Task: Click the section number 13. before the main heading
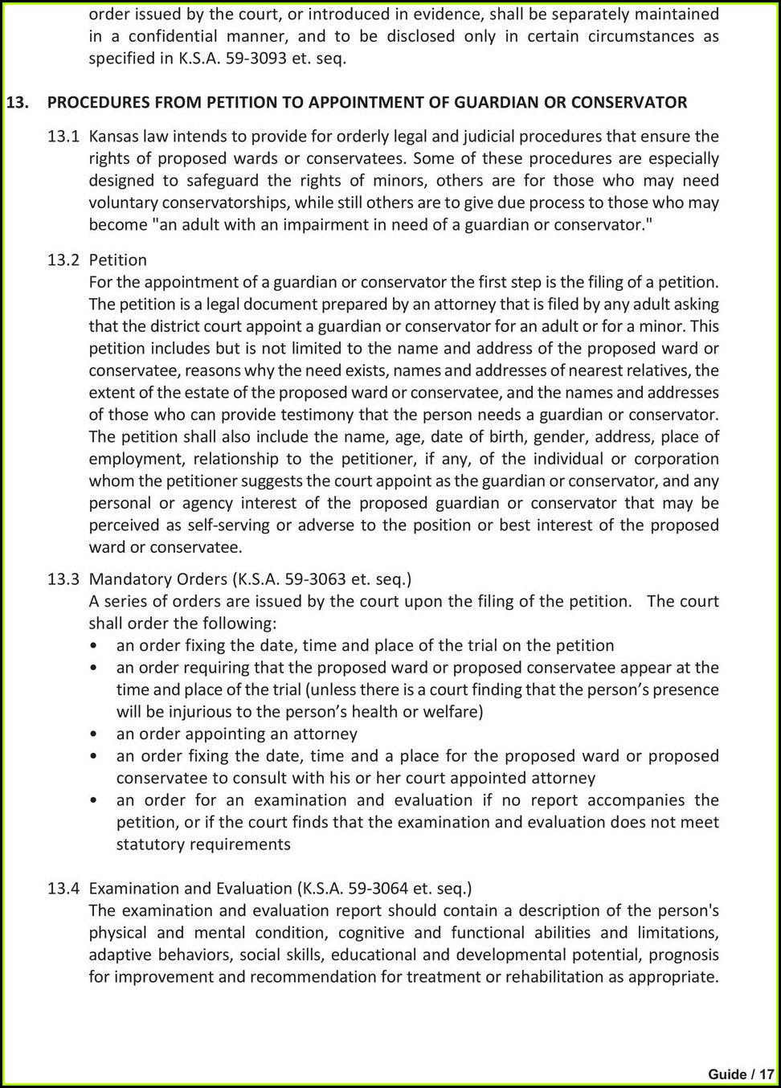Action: [18, 103]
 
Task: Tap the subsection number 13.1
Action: [63, 137]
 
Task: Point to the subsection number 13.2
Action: [63, 260]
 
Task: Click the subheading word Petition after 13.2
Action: [117, 260]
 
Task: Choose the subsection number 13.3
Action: [63, 579]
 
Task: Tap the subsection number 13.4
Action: [63, 889]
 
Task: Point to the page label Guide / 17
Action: [740, 1074]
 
